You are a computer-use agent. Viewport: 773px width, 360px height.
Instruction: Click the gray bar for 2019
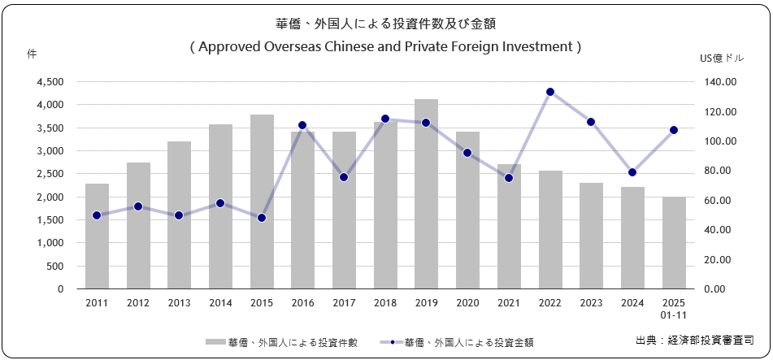click(x=427, y=194)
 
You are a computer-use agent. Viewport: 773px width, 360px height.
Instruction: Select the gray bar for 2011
click(x=97, y=236)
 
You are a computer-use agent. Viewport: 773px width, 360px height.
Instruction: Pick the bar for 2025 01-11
click(x=674, y=243)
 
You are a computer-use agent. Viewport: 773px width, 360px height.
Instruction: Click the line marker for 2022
click(x=550, y=92)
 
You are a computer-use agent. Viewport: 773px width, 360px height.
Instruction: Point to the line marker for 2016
click(x=302, y=125)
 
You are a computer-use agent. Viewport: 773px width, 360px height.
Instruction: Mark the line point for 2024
click(x=632, y=172)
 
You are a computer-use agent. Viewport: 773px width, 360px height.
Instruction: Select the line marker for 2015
click(x=262, y=218)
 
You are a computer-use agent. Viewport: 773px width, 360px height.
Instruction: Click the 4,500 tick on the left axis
click(x=50, y=82)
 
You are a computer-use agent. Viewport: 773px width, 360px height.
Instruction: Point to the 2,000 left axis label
click(x=50, y=197)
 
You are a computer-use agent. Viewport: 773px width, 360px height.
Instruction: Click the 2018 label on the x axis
click(x=385, y=302)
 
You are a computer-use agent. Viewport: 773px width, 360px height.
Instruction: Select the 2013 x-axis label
click(x=179, y=302)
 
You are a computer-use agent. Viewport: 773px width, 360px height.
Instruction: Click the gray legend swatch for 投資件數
click(x=215, y=342)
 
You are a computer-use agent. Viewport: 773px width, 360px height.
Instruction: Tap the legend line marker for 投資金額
click(x=392, y=342)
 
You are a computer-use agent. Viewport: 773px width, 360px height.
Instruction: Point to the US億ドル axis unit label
click(x=721, y=58)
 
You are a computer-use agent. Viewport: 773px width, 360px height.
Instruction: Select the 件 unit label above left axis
click(x=32, y=54)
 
